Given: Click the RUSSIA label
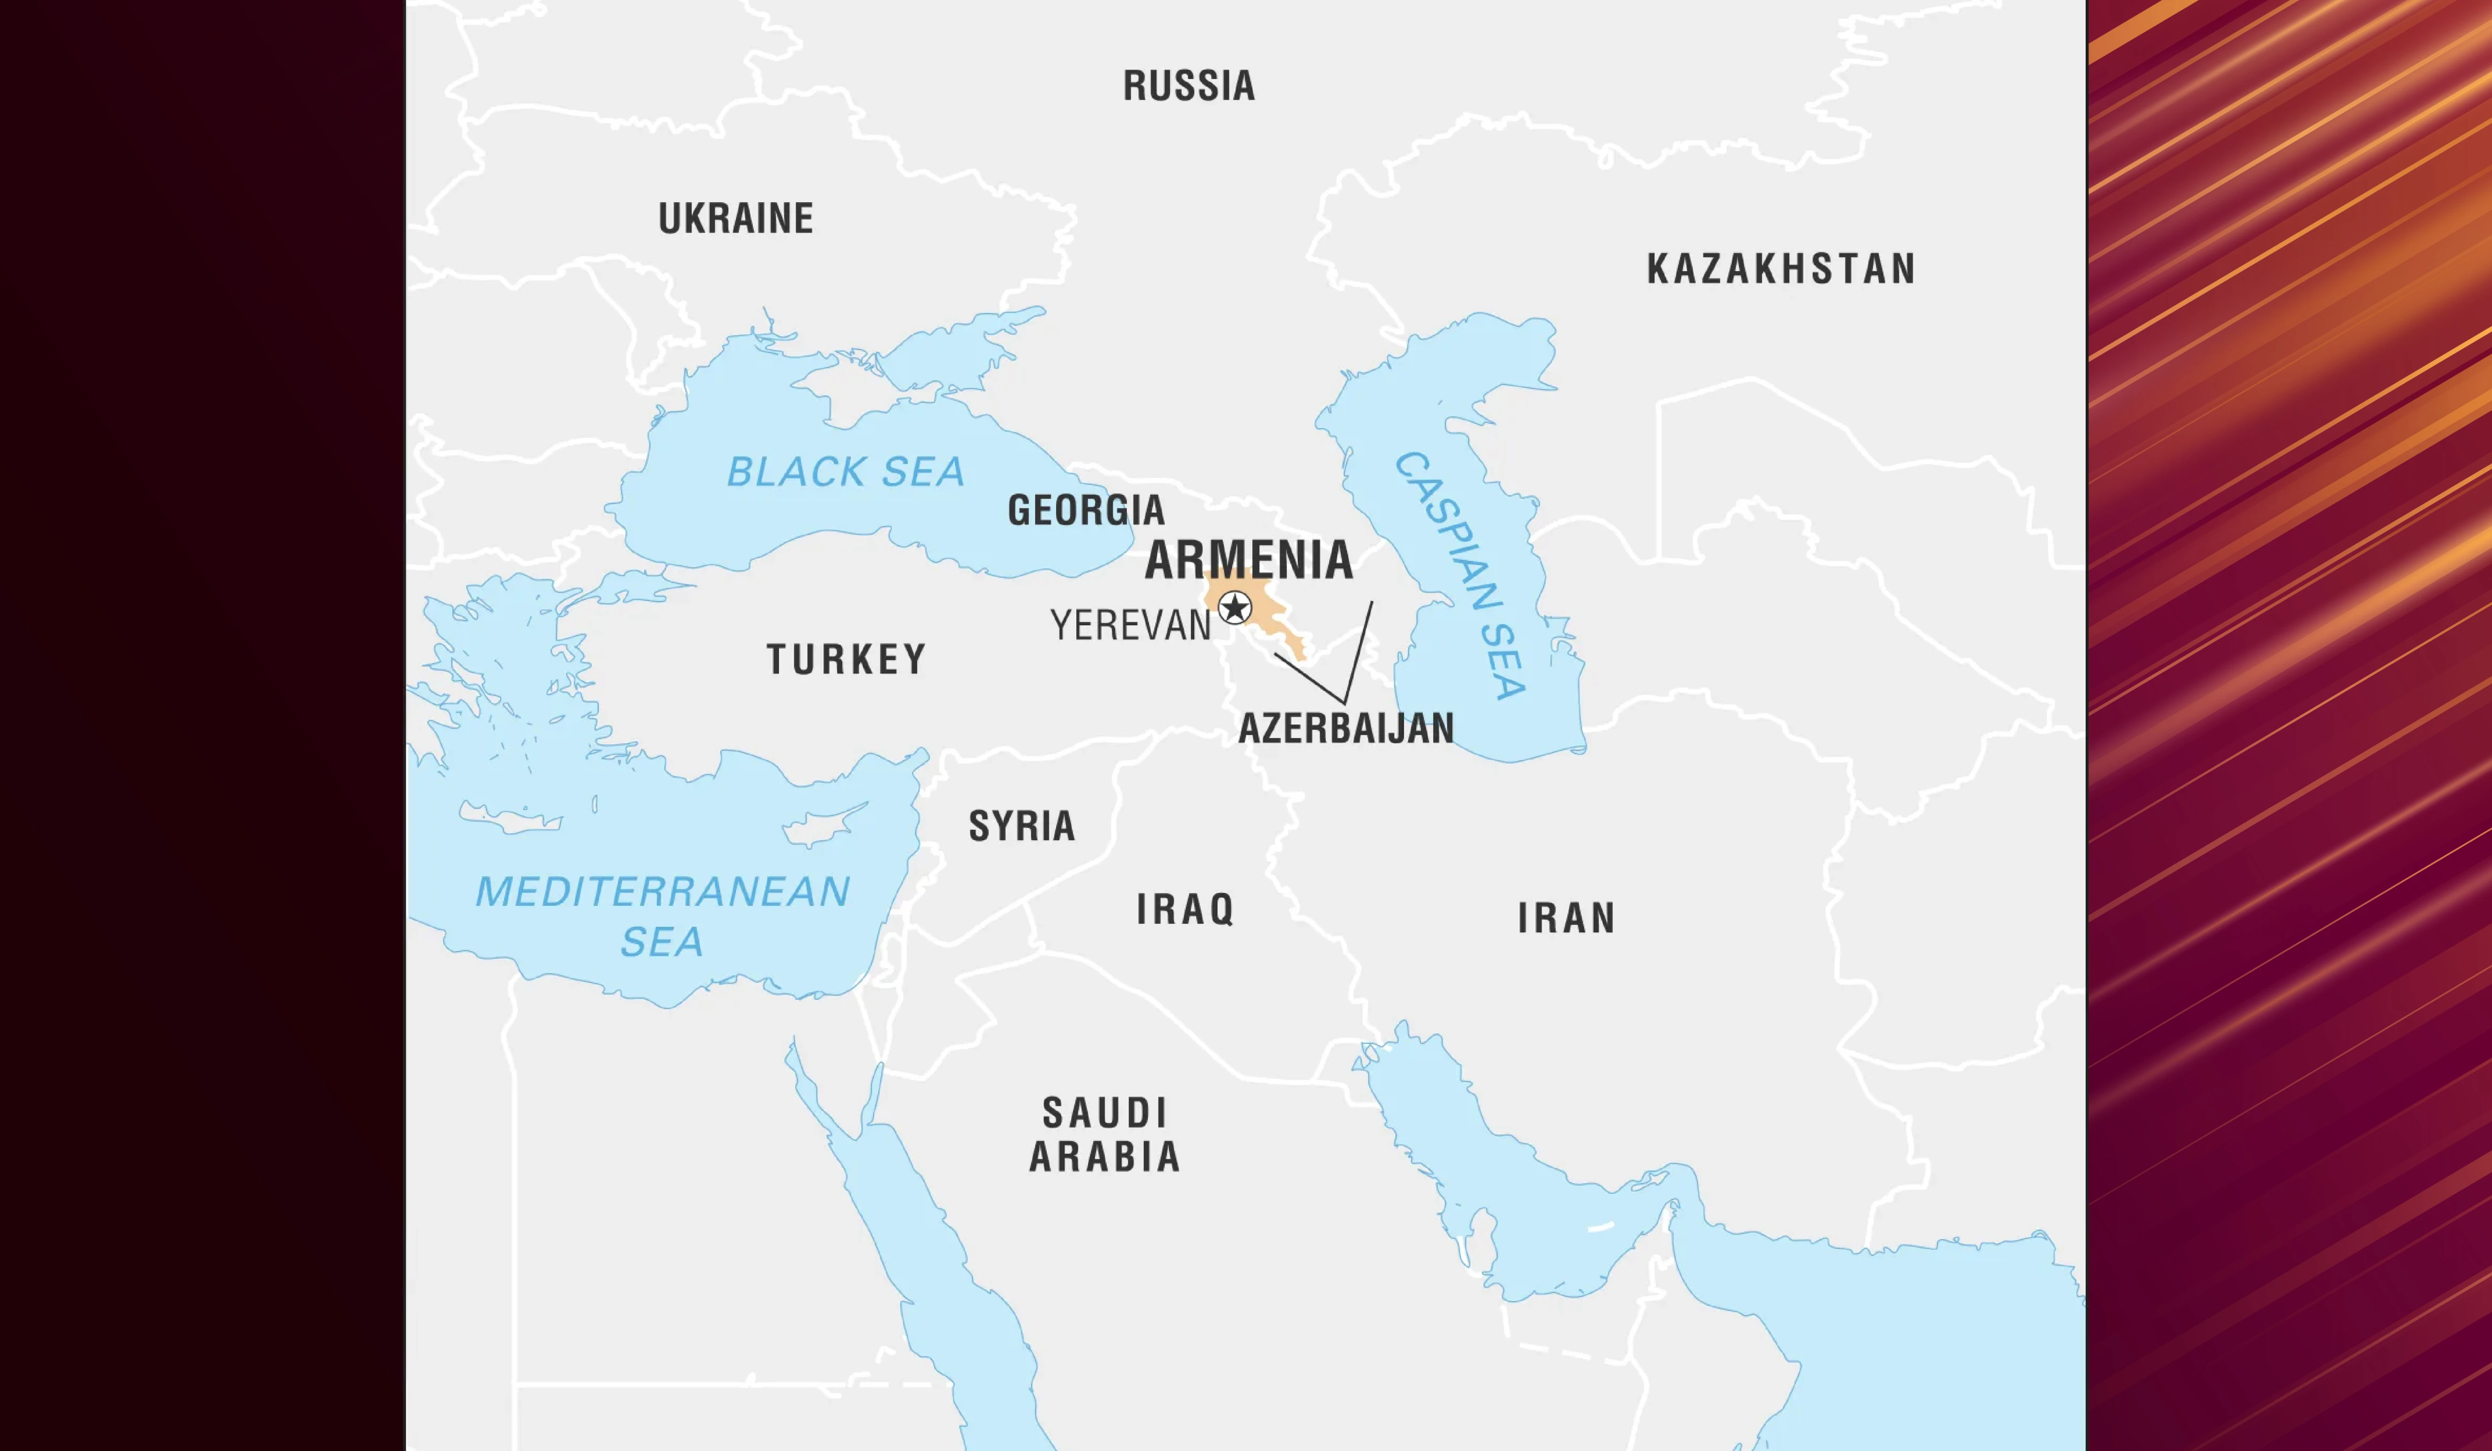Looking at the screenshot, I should coord(1189,86).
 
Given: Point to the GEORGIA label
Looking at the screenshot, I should coord(1086,510).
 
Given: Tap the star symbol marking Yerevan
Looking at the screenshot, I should coord(1234,607).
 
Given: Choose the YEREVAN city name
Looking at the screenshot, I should coord(1130,625).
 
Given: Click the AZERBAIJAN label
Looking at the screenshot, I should coord(1346,728).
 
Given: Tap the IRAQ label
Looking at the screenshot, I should coord(1185,909).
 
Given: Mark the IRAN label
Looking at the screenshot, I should coord(1566,918).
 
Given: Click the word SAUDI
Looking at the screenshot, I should coord(1104,1113).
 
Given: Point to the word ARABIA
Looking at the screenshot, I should coord(1104,1157).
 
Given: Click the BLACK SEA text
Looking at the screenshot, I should coord(845,471).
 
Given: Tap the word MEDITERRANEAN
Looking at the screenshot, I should coord(662,892).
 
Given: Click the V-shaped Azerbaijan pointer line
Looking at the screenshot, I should coord(1345,700).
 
